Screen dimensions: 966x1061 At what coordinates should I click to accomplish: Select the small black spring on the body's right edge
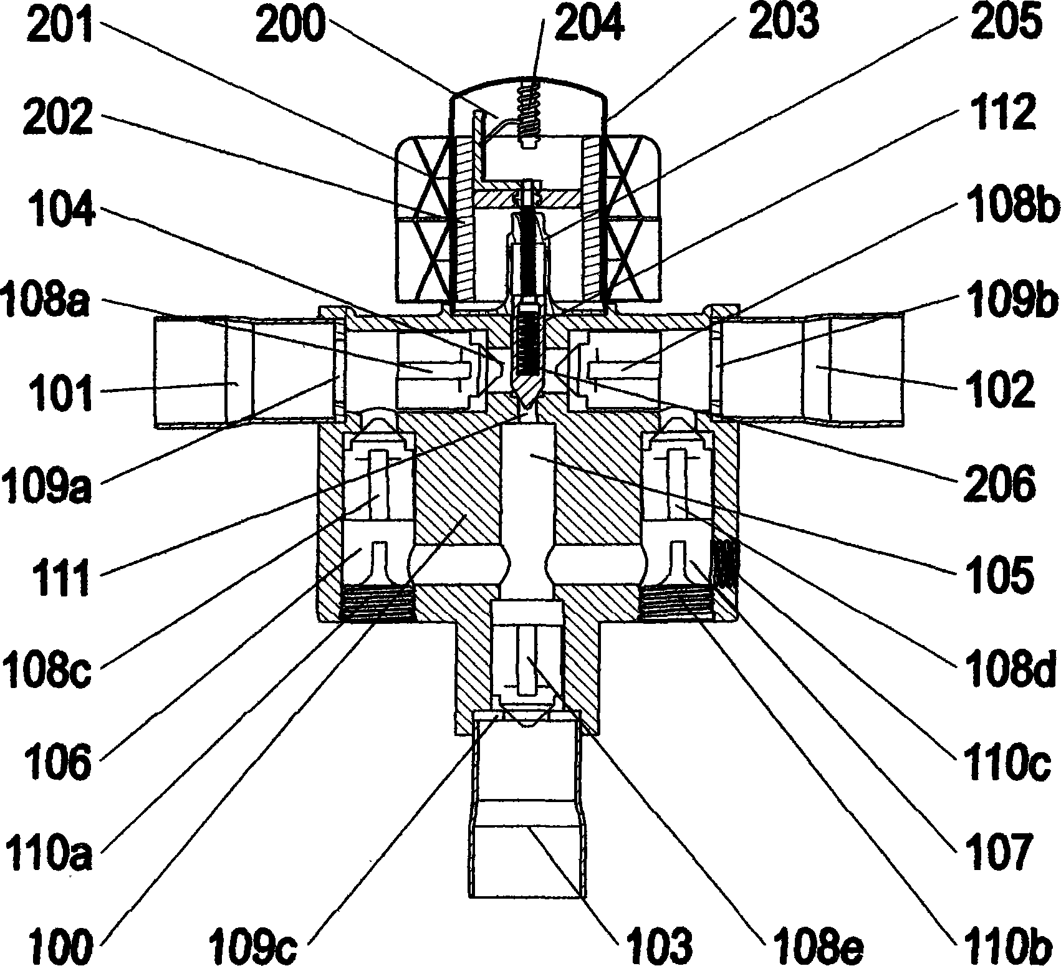tap(725, 563)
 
